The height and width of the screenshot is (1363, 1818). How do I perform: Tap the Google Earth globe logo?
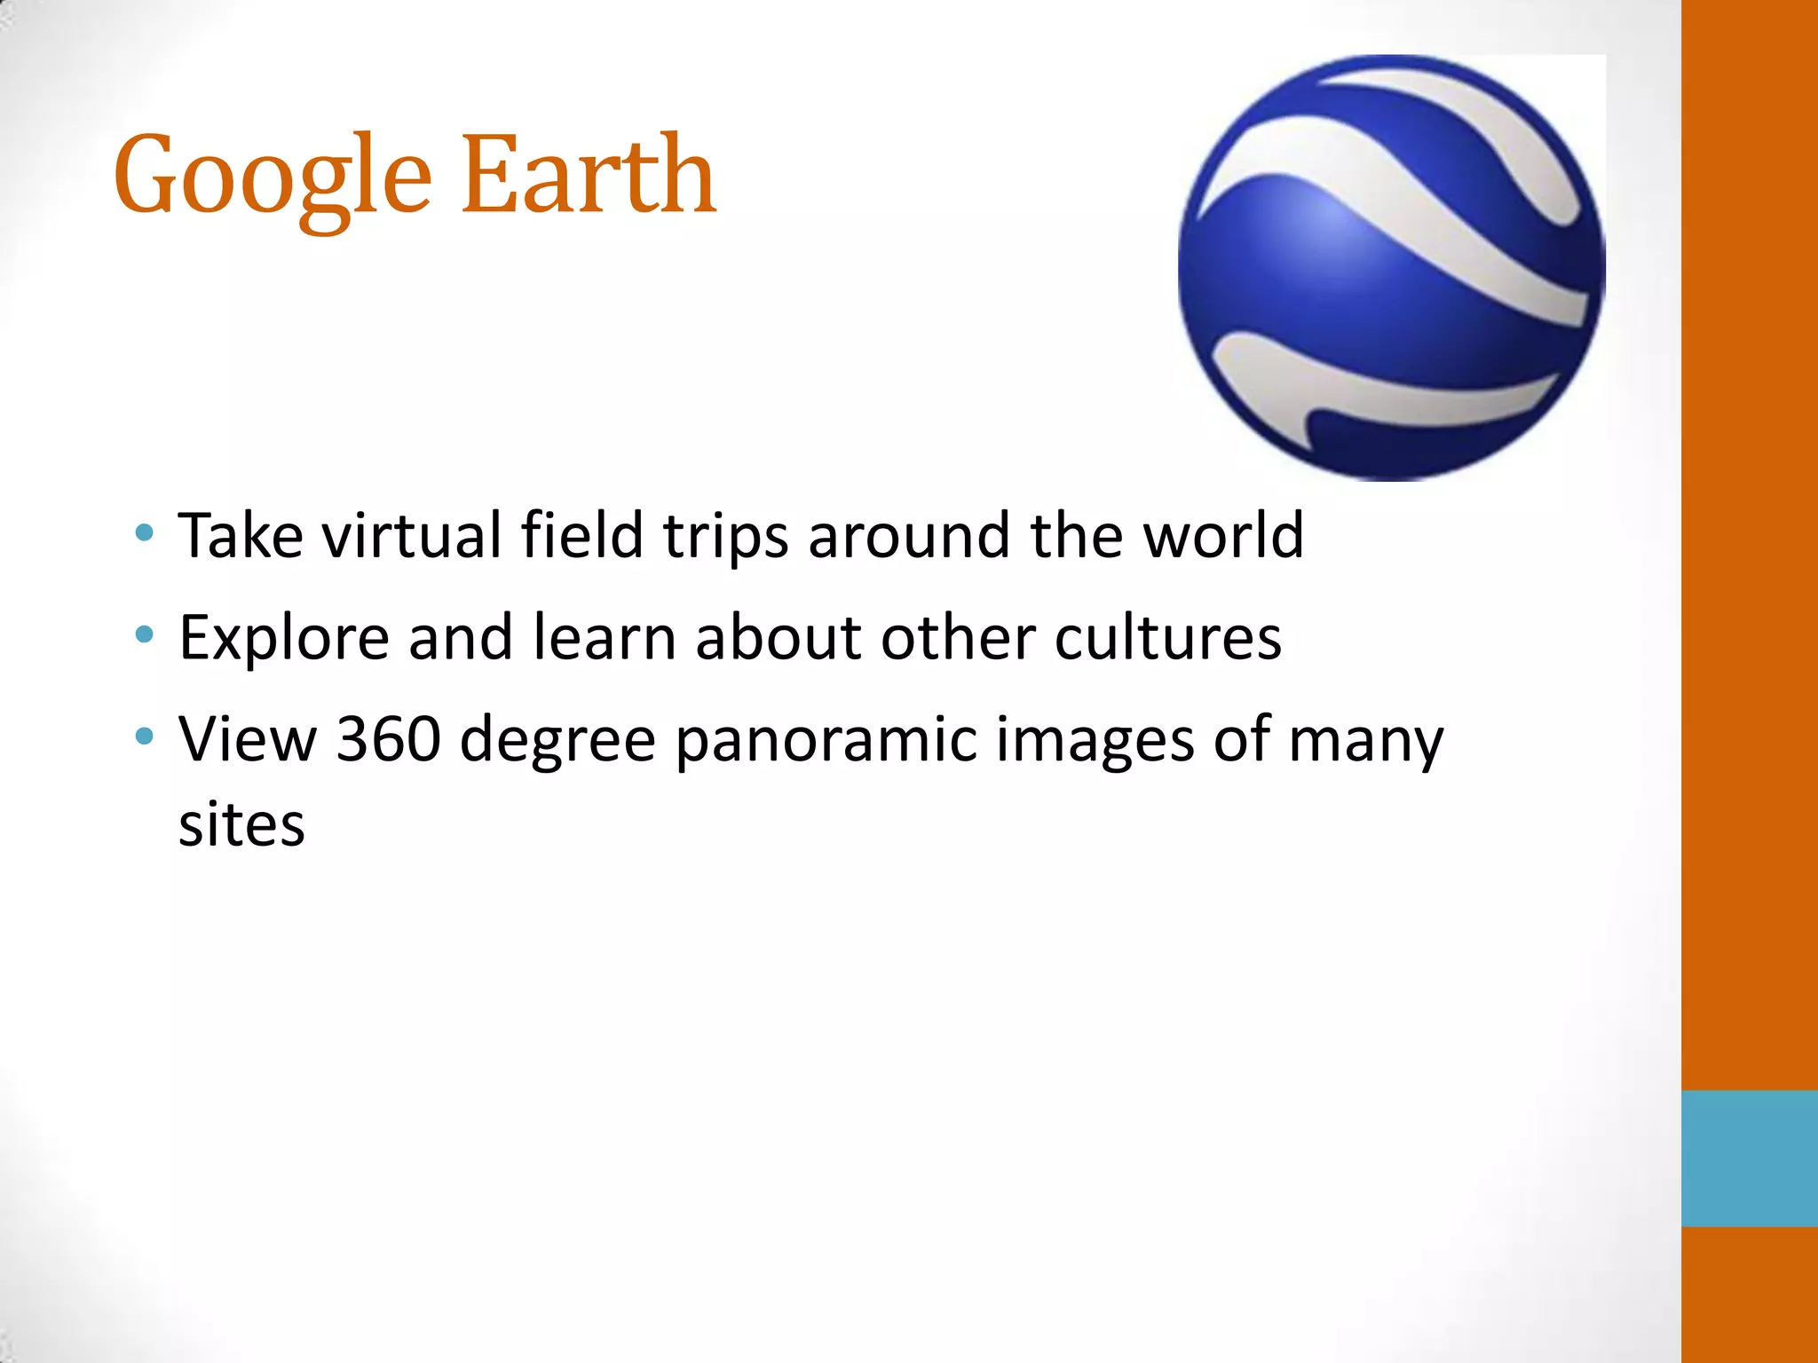point(1391,268)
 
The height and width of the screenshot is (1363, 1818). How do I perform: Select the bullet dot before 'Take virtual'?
point(144,533)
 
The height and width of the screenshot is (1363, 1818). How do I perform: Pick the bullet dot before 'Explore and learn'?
point(144,635)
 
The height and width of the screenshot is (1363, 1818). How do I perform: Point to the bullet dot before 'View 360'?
point(144,737)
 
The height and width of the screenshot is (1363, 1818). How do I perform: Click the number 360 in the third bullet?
point(389,738)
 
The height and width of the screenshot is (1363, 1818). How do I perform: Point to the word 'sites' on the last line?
point(241,825)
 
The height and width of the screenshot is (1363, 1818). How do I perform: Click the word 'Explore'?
point(284,639)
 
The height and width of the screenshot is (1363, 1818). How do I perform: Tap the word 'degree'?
point(557,740)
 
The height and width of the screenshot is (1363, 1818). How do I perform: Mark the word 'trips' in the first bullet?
point(726,538)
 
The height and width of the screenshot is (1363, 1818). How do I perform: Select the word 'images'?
point(1095,740)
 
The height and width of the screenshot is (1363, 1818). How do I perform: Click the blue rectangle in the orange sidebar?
point(1749,1158)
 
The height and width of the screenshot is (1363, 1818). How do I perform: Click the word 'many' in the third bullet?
point(1366,740)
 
